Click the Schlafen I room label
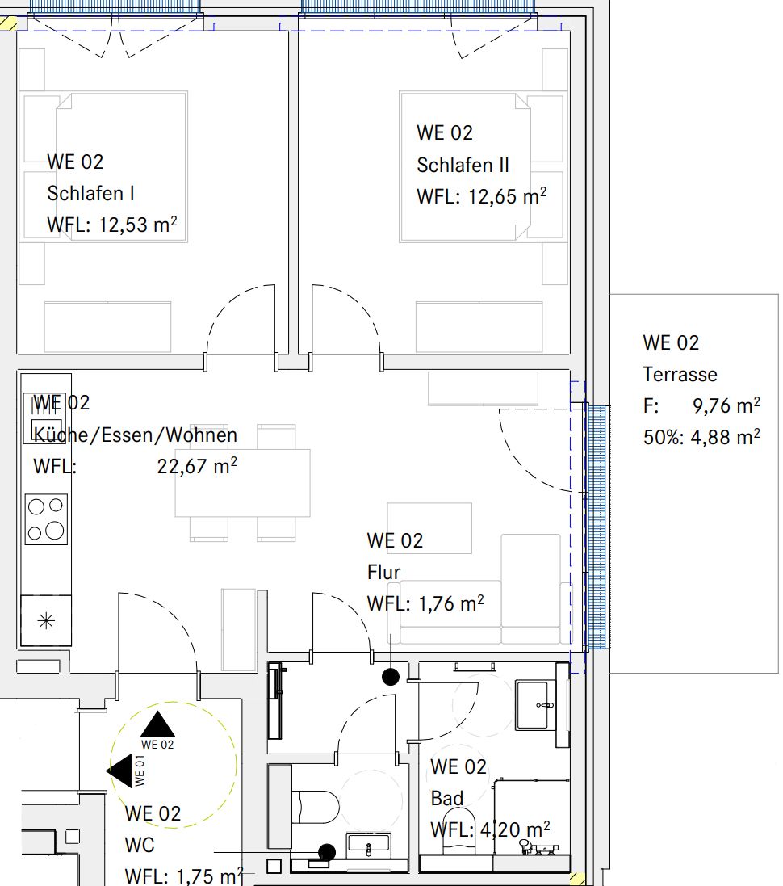90,193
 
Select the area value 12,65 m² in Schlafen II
507,196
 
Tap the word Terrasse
680,374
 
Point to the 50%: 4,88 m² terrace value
701,438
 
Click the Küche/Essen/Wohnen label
135,435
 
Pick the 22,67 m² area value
196,466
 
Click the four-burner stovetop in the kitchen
45,519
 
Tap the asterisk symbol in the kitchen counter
46,620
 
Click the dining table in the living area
243,482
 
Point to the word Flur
383,573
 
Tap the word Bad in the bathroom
447,799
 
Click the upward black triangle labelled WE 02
157,724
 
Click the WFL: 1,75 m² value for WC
184,876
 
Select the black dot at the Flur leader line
391,677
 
